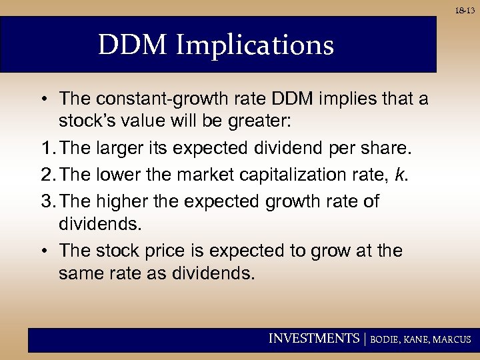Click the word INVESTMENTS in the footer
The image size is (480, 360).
[x=313, y=339]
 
